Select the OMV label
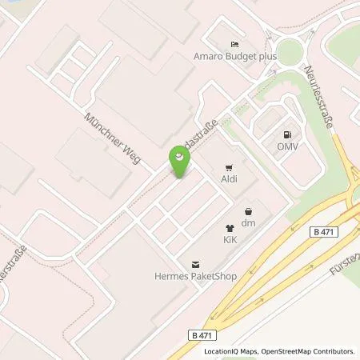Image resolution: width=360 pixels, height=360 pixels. (x=286, y=147)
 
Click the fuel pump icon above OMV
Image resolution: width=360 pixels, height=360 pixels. (x=286, y=134)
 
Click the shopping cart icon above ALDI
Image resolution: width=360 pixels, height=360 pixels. (x=230, y=169)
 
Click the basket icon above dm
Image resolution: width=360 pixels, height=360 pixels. (x=248, y=212)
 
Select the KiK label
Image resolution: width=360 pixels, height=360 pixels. (x=230, y=239)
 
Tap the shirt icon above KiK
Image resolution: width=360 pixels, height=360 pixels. (x=230, y=227)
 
